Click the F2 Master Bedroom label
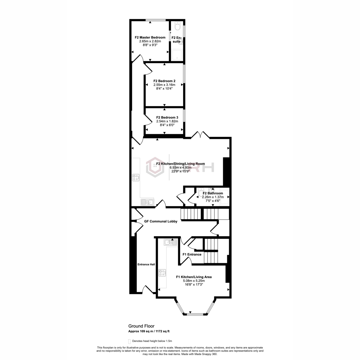click(150, 37)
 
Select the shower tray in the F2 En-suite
click(177, 55)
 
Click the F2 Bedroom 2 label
click(164, 81)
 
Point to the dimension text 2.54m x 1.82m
click(167, 121)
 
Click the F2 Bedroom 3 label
click(167, 117)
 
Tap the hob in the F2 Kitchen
click(136, 178)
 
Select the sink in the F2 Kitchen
click(147, 202)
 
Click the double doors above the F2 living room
click(200, 135)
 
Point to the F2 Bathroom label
click(213, 193)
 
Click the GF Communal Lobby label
click(161, 221)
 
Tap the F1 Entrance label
click(192, 254)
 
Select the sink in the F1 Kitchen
click(170, 242)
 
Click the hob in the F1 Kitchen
click(162, 273)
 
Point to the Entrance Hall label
click(146, 264)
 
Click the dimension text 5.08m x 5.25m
click(194, 281)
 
